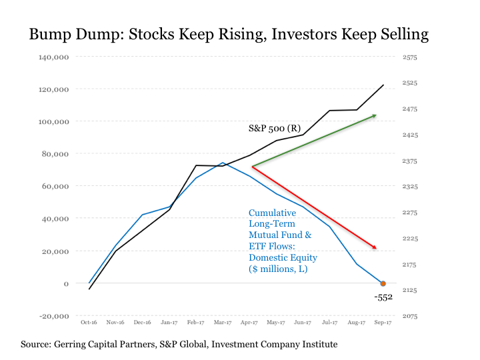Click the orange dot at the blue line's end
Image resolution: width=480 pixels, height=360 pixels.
[x=383, y=284]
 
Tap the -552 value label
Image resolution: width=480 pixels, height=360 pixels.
[x=384, y=297]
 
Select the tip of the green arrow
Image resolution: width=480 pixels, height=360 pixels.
[x=376, y=115]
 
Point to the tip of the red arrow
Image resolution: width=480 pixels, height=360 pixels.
[x=377, y=249]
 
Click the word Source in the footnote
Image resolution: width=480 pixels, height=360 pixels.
[x=37, y=345]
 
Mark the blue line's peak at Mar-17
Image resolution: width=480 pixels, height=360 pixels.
[x=223, y=163]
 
